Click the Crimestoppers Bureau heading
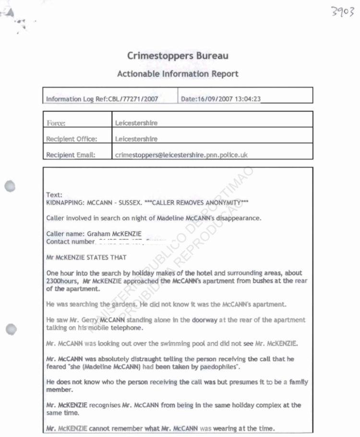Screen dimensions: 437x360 click(178, 56)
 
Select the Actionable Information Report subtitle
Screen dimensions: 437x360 click(178, 74)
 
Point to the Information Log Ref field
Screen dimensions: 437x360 click(102, 99)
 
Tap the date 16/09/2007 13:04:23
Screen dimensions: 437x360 click(221, 99)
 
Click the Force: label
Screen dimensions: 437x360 click(56, 123)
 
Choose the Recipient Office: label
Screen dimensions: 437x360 click(72, 139)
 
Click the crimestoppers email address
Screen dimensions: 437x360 click(181, 155)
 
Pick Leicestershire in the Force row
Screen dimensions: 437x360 click(136, 123)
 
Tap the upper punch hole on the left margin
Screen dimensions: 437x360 click(10, 187)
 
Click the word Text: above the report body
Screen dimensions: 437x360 click(54, 195)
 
